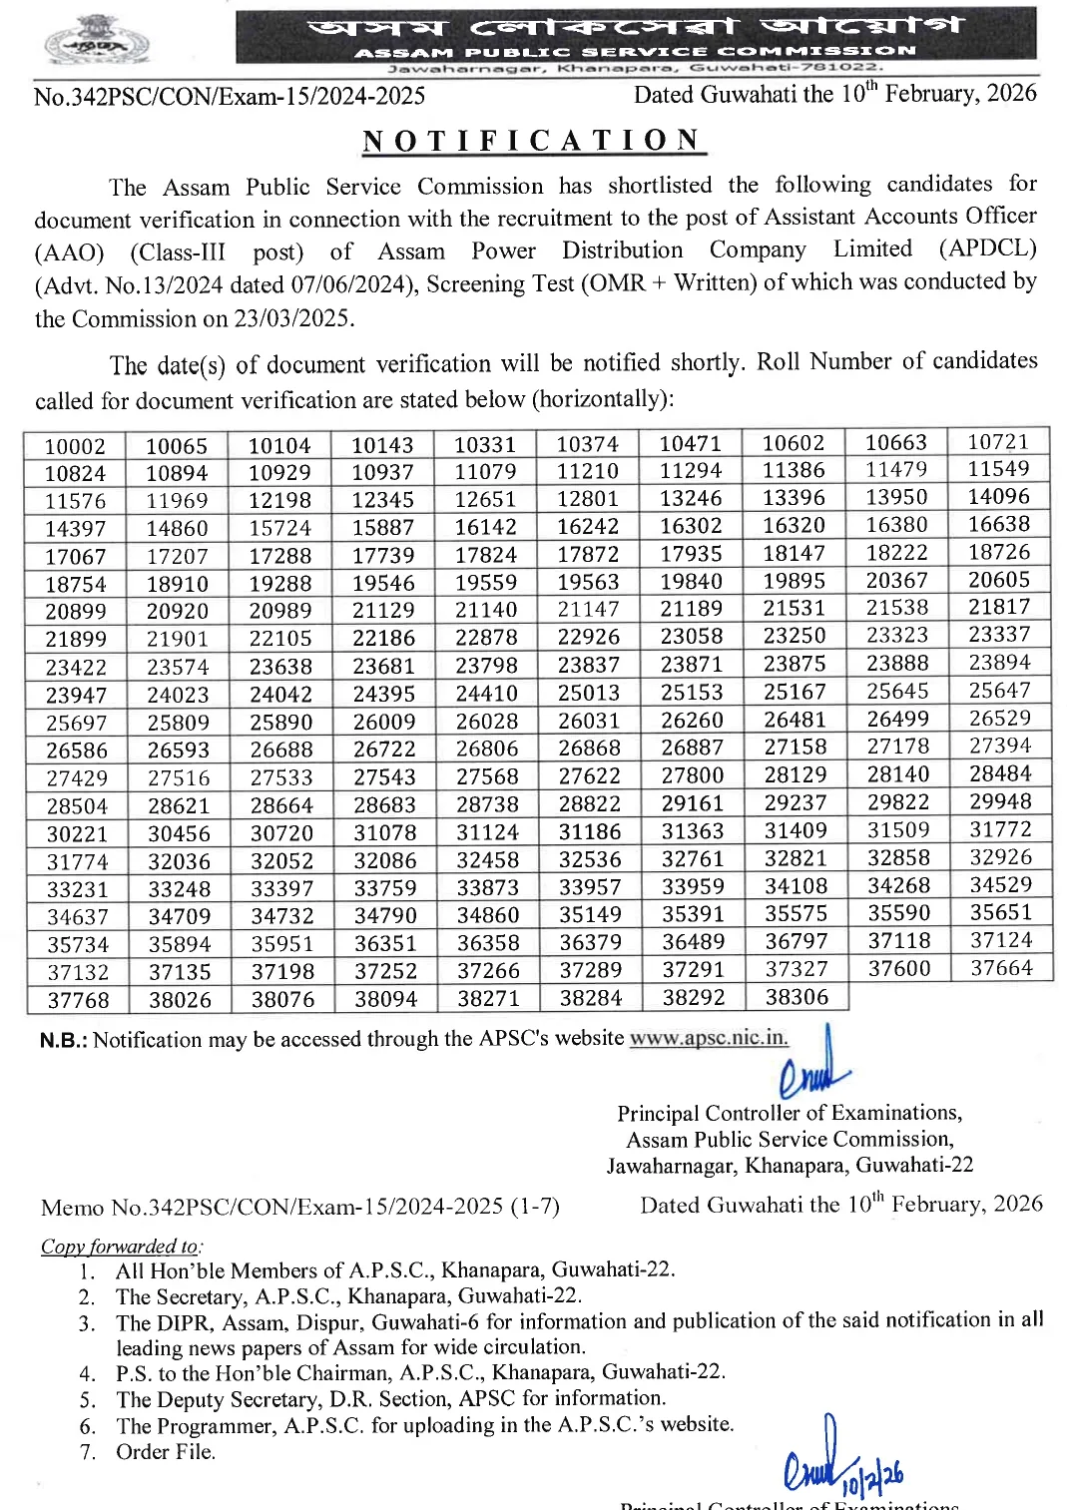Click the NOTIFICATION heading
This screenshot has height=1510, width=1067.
point(533,141)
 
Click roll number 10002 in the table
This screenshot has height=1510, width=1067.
point(75,446)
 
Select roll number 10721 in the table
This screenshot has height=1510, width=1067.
point(997,441)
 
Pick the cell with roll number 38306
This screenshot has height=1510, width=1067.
point(796,996)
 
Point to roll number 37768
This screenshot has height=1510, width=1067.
point(78,1000)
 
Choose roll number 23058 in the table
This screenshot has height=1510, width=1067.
point(691,636)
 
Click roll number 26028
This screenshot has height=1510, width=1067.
point(487,721)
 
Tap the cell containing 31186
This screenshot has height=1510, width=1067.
point(589,831)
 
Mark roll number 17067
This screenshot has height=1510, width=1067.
point(76,557)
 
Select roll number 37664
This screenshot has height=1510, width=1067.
point(1001,967)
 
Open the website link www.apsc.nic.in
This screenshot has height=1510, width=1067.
point(708,1037)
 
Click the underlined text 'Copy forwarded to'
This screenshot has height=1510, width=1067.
point(120,1246)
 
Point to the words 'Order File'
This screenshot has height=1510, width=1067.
point(166,1452)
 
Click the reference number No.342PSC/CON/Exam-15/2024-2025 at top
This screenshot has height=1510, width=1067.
point(230,96)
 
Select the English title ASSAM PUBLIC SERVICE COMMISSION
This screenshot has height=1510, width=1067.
point(635,51)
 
